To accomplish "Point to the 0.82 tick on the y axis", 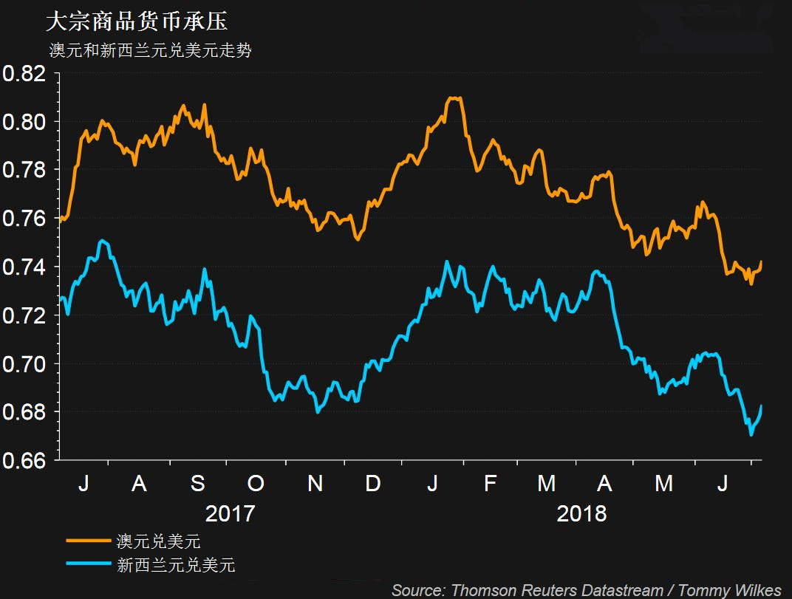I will click(x=24, y=74).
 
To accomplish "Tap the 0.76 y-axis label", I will click(x=24, y=219).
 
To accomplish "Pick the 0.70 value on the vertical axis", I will click(x=24, y=363).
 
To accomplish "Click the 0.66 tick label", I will click(x=24, y=460).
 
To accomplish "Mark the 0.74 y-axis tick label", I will click(x=24, y=267).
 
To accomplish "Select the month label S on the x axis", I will click(x=198, y=484).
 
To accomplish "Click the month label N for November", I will click(x=315, y=484).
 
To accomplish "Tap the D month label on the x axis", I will click(x=373, y=484).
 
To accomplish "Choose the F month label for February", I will click(x=490, y=484).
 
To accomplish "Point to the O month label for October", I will click(x=256, y=484).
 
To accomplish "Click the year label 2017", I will click(x=230, y=513).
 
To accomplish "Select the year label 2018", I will click(x=581, y=513).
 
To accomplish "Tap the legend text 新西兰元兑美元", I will click(x=176, y=566).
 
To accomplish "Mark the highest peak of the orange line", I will click(x=454, y=97).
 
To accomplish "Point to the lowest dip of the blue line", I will click(x=751, y=435).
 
